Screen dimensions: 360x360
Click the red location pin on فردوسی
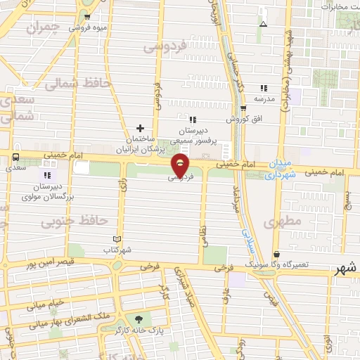point(181,165)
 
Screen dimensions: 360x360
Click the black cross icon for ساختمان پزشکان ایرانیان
point(141,128)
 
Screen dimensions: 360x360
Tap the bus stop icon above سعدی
point(15,157)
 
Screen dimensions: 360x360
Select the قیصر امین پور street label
point(51,265)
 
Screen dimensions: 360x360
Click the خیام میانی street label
point(46,305)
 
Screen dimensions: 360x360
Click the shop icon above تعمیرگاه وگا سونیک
point(277,254)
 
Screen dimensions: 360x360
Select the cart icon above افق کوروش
point(243,109)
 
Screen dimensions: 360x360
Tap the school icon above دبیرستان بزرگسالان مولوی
point(47,174)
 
